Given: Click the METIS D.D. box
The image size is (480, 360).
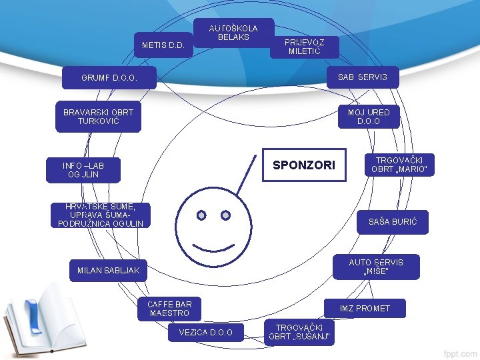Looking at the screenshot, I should click(x=163, y=45).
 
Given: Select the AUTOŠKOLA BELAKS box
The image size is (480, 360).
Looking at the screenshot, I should click(x=233, y=33).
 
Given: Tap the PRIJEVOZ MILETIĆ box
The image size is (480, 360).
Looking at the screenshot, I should click(x=305, y=47).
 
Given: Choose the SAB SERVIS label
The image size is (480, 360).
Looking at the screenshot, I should click(x=362, y=77).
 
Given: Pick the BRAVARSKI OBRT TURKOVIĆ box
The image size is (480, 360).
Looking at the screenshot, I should click(x=98, y=117).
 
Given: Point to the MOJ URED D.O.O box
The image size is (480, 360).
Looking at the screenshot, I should click(x=368, y=117).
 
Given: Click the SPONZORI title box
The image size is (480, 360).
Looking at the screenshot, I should click(x=304, y=165).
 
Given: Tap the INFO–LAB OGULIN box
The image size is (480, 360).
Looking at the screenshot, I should click(x=83, y=170).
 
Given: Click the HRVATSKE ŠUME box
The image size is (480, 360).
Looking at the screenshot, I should click(x=101, y=215).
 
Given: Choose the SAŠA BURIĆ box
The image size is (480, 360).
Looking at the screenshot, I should click(x=393, y=221).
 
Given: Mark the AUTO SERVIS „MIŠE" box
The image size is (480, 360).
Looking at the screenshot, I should click(x=376, y=267).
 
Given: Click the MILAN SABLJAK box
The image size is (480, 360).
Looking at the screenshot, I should click(x=108, y=270).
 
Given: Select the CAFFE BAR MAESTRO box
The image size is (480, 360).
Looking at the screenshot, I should click(x=169, y=308).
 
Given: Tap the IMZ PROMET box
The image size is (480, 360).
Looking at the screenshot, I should click(x=364, y=308).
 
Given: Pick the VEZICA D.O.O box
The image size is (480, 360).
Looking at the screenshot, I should click(x=207, y=332).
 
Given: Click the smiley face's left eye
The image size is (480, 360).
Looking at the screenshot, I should click(x=201, y=215).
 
